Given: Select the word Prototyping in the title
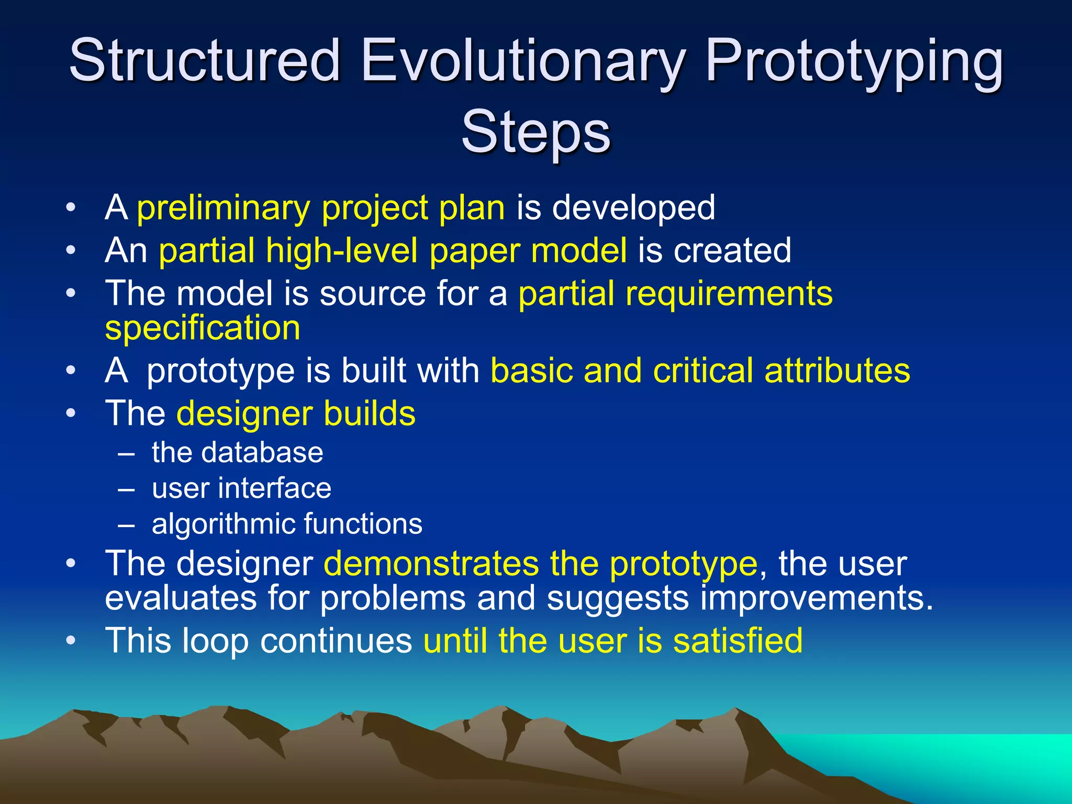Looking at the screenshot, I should click(854, 62).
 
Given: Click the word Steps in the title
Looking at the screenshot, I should click(535, 132).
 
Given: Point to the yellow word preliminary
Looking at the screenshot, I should click(224, 208).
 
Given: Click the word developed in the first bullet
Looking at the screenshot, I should click(633, 208).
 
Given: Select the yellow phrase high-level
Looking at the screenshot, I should click(341, 250).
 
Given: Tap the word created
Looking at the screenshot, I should click(732, 250).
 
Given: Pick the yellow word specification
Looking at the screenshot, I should click(203, 329).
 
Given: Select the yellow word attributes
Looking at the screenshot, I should click(837, 371).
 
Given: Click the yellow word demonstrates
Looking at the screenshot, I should click(431, 564).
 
